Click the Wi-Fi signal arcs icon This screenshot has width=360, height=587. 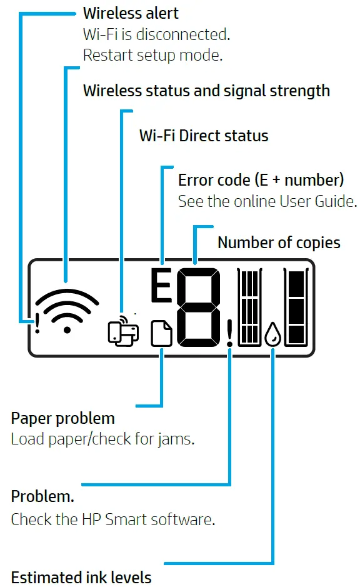67,310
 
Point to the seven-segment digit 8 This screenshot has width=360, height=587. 198,308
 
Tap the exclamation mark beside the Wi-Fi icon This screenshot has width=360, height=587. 37,322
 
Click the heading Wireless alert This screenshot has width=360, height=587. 131,13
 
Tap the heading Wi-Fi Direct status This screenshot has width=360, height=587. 204,135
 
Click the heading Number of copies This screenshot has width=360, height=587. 279,243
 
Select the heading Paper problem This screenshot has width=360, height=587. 63,418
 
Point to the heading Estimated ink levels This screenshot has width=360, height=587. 81,576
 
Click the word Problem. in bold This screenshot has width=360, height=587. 42,497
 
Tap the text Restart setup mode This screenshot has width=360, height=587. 152,55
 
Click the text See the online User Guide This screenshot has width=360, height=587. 267,202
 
